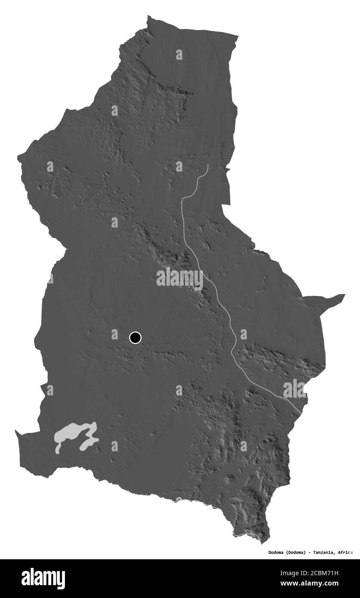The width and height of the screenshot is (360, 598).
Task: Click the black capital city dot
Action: tap(135, 338)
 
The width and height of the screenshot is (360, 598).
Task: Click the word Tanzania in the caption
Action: tap(319, 552)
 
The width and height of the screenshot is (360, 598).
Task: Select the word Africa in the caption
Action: tap(345, 552)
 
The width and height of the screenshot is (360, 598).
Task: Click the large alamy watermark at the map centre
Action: tap(180, 278)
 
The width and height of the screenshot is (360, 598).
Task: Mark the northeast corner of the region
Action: tap(237, 35)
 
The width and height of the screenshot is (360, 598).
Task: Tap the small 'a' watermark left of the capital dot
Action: tap(115, 334)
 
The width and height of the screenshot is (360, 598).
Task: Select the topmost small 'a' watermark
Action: tap(179, 55)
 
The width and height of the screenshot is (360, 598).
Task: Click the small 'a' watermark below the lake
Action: tap(114, 446)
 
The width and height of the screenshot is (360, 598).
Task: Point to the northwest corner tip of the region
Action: tap(149, 16)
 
